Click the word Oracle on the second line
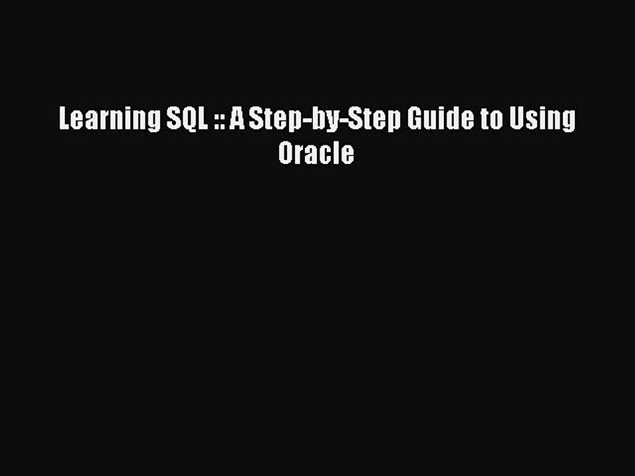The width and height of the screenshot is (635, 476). [x=316, y=153]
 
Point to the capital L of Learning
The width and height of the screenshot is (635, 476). [x=64, y=120]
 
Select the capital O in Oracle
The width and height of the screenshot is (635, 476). [x=285, y=153]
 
